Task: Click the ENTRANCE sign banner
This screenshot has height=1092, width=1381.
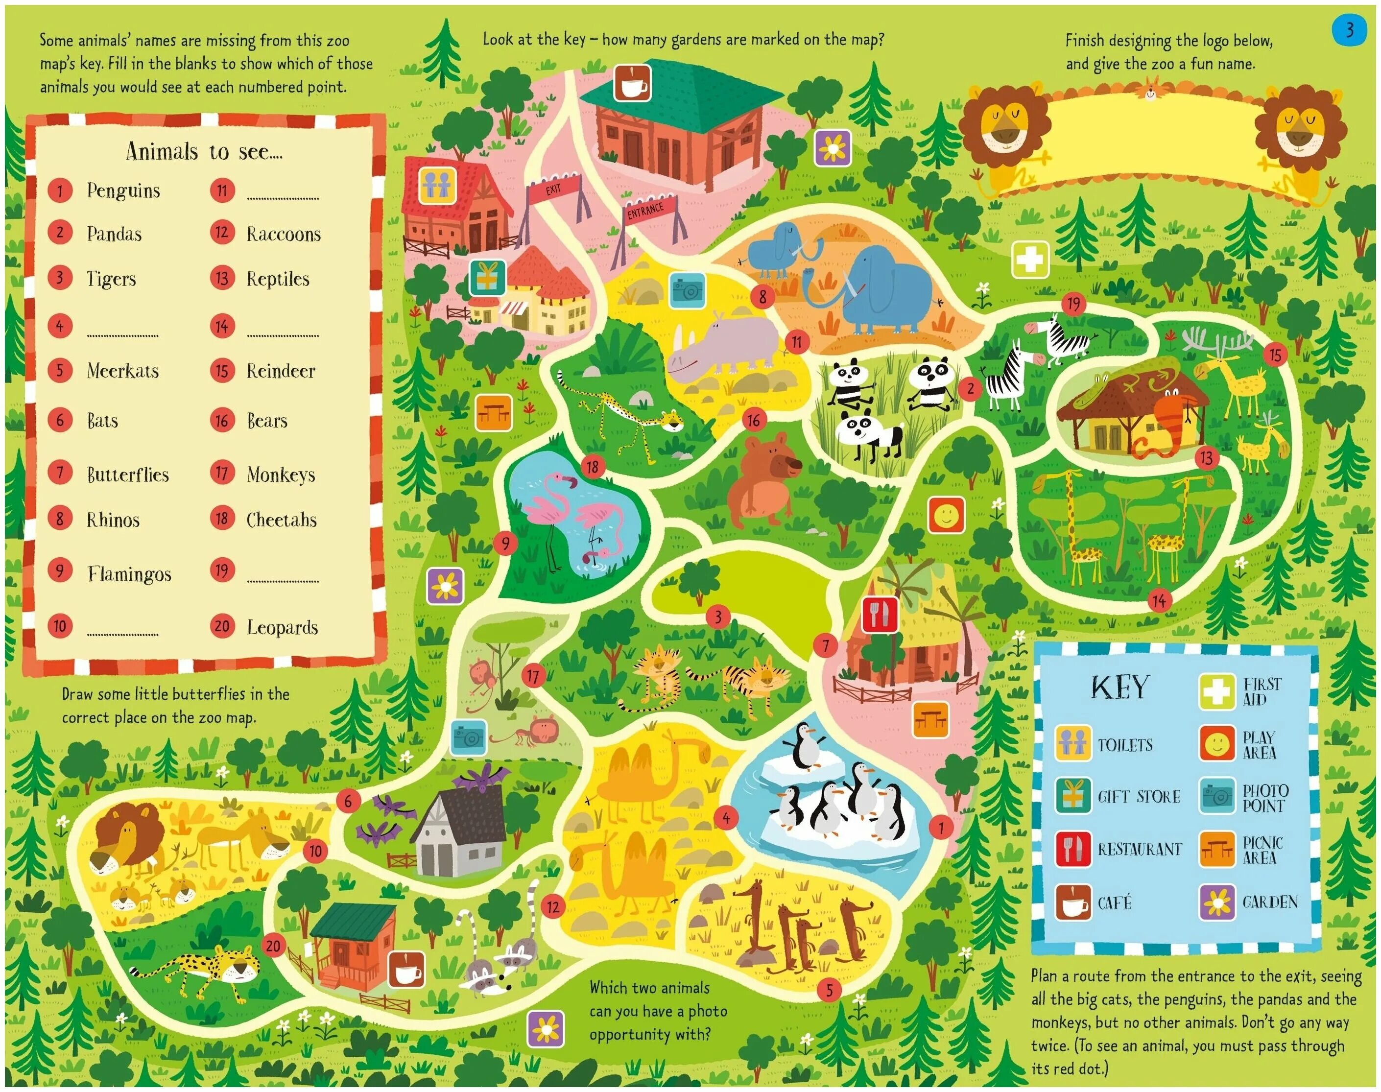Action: (646, 210)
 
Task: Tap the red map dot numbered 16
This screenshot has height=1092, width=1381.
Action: (754, 420)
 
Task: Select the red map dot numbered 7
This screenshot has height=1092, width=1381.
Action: (825, 646)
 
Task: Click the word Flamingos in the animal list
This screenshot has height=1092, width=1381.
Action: (129, 573)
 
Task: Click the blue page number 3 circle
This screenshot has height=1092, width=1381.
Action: (1349, 29)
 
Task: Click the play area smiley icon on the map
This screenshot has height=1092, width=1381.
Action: (946, 515)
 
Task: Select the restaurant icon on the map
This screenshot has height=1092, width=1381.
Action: (881, 615)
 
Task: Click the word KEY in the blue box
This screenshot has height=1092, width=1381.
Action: (1119, 688)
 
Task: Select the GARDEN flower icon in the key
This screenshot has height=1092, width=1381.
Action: (1216, 902)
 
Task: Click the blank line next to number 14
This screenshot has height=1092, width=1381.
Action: (283, 332)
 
